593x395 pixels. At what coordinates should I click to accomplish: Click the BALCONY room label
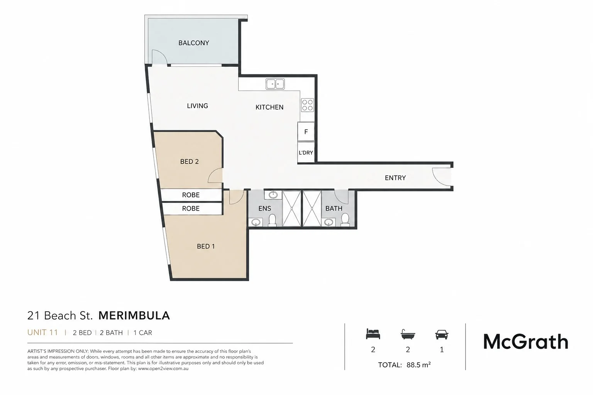tap(193, 43)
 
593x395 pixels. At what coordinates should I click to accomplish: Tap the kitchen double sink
tap(275, 84)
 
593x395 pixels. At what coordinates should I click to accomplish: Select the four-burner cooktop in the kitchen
tap(307, 105)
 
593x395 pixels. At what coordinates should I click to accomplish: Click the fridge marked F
tap(306, 132)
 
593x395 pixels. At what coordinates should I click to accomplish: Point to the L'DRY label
tap(306, 153)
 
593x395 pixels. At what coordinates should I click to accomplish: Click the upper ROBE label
tap(191, 195)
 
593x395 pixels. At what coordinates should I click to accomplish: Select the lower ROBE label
tap(191, 208)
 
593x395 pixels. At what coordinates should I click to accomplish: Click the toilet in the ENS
tap(273, 220)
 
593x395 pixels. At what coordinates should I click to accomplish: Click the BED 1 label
tap(206, 246)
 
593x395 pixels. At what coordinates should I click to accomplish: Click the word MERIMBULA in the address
tap(134, 316)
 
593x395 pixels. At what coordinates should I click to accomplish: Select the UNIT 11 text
tap(42, 333)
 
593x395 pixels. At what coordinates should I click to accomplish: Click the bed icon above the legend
tap(373, 334)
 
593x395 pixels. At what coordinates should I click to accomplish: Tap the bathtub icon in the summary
tap(408, 334)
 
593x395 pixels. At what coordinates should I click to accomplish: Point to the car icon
tap(442, 334)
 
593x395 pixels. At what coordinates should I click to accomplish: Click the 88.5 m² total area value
tap(418, 365)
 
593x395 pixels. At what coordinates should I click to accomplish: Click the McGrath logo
tap(526, 342)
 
